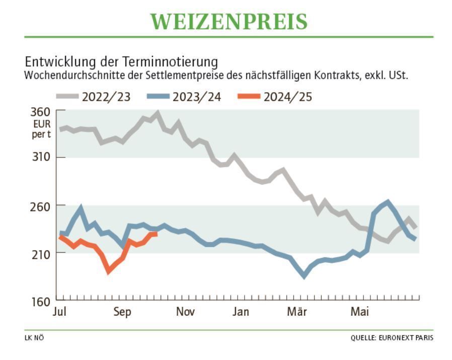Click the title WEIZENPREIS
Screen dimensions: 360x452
[229, 22]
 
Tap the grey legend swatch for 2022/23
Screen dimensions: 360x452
[67, 97]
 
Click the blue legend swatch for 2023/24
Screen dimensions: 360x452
[158, 97]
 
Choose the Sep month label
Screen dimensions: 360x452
[122, 312]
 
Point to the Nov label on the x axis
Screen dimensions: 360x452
[185, 312]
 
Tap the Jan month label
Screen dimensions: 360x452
[241, 312]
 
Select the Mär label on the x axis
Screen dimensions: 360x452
[297, 312]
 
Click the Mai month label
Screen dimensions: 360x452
[359, 312]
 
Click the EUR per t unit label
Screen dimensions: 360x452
[42, 128]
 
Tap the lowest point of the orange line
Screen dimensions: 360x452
[108, 272]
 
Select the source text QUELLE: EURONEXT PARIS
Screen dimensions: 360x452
[392, 338]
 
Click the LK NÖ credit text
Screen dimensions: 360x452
[34, 338]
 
